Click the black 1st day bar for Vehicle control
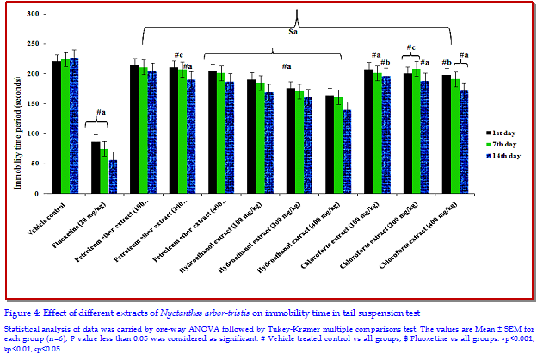point(57,129)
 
